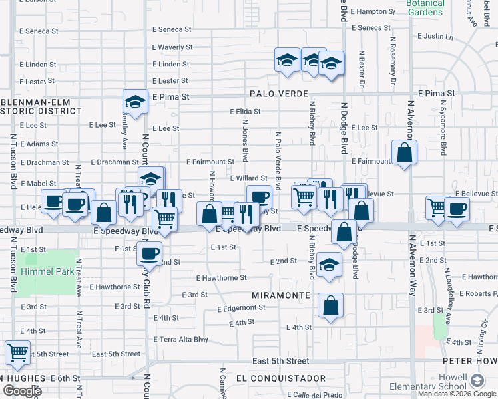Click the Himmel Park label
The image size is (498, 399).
point(46,271)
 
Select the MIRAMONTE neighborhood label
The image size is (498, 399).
point(282,294)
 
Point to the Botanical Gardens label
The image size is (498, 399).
point(425,7)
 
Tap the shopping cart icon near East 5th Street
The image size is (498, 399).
point(17,352)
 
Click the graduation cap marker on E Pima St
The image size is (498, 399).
point(135,102)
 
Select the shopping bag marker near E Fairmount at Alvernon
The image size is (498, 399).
point(404,152)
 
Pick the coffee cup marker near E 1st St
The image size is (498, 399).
point(150,253)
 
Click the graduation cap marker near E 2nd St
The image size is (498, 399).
point(329,264)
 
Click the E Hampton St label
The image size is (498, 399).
point(376,11)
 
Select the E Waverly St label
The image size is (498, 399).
point(172,47)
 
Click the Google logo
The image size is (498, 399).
point(22,391)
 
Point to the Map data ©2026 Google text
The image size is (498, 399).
point(457,394)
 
